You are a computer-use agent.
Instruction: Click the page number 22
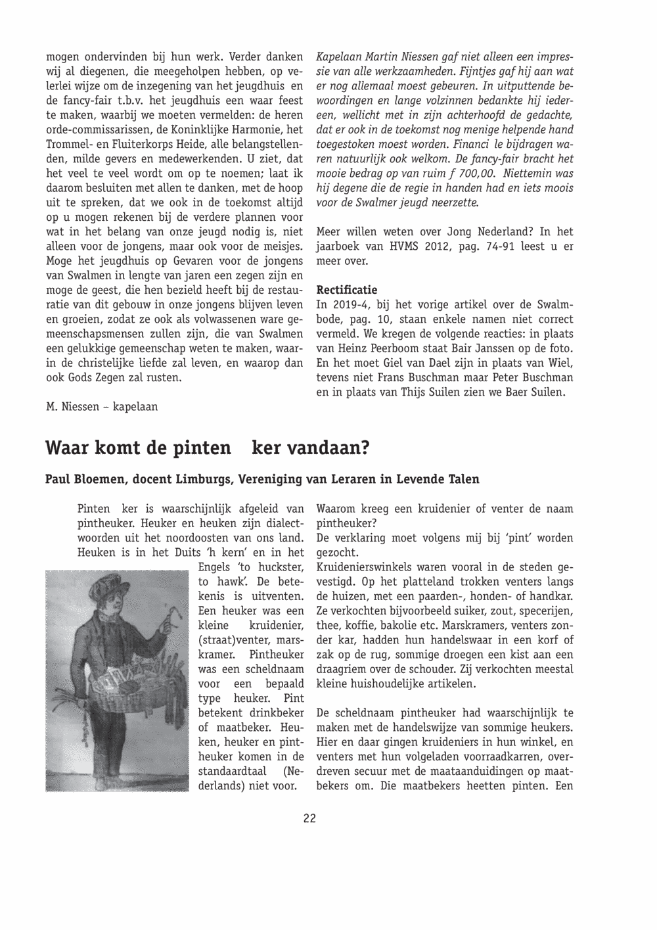pyautogui.click(x=310, y=818)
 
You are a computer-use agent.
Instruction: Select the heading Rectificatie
pyautogui.click(x=347, y=290)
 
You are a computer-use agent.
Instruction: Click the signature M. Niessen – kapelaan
pyautogui.click(x=102, y=407)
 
